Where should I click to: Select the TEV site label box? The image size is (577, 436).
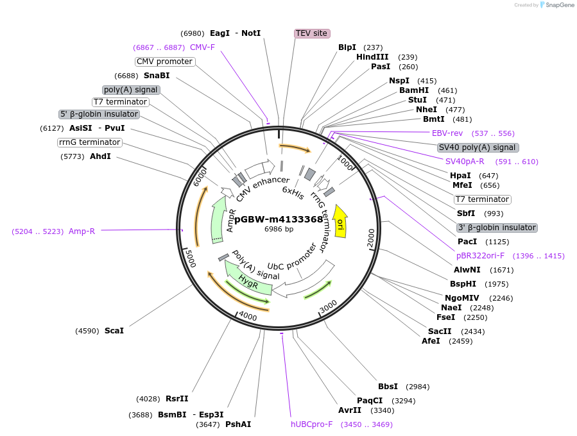click(x=312, y=33)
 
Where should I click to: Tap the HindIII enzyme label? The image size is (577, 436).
click(x=372, y=57)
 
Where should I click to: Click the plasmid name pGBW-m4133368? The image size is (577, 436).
click(x=279, y=219)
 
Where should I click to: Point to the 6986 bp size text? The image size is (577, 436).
click(x=279, y=229)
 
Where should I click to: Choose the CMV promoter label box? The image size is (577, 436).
click(x=165, y=62)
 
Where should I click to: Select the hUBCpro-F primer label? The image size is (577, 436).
click(x=312, y=424)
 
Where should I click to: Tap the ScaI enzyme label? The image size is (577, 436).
click(x=114, y=331)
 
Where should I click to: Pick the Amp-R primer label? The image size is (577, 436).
click(x=82, y=231)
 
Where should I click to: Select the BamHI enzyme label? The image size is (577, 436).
click(x=414, y=90)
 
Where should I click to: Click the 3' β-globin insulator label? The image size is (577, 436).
click(x=497, y=228)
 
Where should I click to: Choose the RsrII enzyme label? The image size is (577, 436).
click(x=177, y=399)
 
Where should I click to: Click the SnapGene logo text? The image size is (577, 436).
click(x=558, y=5)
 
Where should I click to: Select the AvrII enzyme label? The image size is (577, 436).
click(x=350, y=410)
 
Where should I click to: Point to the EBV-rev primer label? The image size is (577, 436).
click(x=447, y=133)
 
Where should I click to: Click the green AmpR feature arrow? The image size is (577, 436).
click(x=219, y=221)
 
